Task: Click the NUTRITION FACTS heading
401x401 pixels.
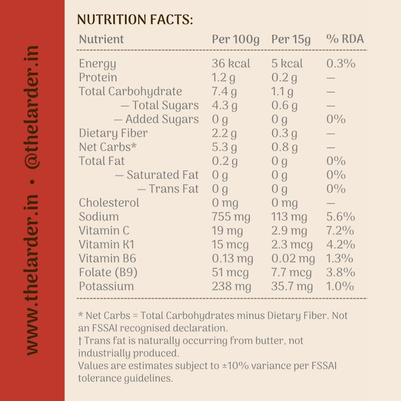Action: click(135, 20)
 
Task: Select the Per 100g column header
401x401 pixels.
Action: click(235, 40)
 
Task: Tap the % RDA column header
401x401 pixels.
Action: click(345, 39)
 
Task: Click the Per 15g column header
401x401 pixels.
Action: click(291, 40)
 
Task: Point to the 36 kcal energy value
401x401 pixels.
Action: click(231, 63)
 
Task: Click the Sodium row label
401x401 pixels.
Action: click(99, 216)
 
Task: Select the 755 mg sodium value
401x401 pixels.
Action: click(231, 217)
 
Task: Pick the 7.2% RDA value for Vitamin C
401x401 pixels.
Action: click(340, 231)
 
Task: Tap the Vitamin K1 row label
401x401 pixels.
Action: click(107, 244)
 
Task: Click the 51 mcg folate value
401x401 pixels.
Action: click(230, 273)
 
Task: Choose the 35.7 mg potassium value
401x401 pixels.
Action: click(292, 287)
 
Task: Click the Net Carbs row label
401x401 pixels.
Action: click(108, 147)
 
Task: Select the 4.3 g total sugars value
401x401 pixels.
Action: click(225, 106)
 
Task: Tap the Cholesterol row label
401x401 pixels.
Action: click(109, 203)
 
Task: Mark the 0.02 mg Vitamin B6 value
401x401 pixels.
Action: click(293, 259)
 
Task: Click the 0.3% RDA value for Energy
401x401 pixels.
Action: click(341, 63)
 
